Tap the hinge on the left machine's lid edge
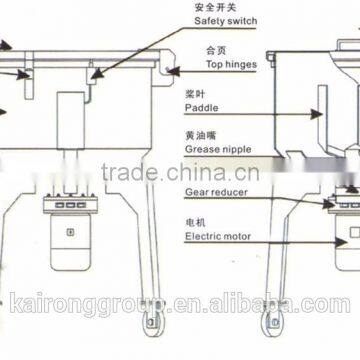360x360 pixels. point(168,70)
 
